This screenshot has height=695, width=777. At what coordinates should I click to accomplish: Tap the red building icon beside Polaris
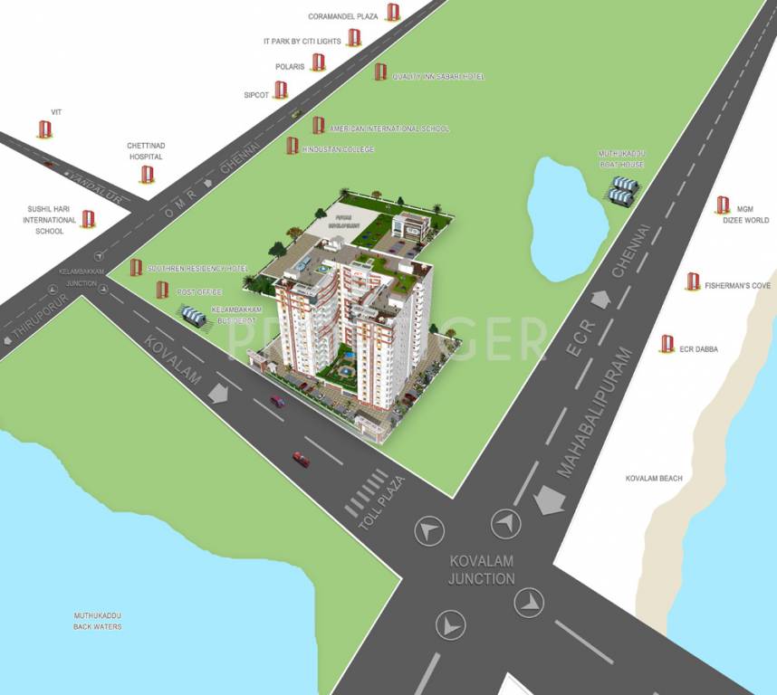tap(318, 62)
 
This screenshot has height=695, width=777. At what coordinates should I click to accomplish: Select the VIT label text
tap(43, 111)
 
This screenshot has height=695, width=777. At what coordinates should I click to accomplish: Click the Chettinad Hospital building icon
tap(147, 174)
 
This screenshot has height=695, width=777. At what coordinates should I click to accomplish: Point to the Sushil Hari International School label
tap(50, 220)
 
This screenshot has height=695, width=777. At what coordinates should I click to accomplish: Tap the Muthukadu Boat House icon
tap(624, 189)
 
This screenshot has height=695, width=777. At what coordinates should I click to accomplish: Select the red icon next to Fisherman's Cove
tap(693, 281)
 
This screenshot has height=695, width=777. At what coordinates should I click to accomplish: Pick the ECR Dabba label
tap(700, 348)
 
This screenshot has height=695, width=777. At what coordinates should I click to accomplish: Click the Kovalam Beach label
tap(654, 478)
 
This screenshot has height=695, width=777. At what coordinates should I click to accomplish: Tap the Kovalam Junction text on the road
tap(482, 571)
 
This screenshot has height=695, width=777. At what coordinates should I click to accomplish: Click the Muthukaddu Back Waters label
tap(98, 621)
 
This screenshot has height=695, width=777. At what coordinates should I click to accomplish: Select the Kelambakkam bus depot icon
tap(193, 316)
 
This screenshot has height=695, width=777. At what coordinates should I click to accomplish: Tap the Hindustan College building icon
tap(292, 145)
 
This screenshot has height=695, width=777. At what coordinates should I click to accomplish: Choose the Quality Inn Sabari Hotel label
tap(438, 77)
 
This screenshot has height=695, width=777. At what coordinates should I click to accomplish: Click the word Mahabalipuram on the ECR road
tap(592, 412)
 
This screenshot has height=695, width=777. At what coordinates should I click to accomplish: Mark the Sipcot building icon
tap(281, 90)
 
